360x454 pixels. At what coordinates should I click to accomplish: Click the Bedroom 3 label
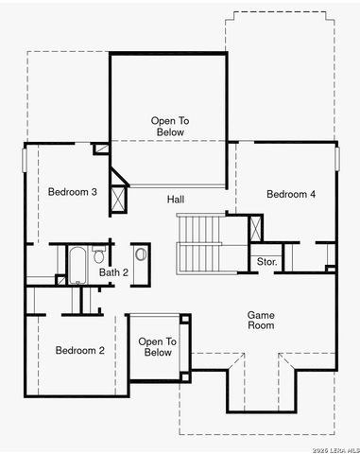click(73, 192)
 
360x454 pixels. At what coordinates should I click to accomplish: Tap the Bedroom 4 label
click(291, 194)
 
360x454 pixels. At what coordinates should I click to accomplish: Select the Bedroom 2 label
click(79, 351)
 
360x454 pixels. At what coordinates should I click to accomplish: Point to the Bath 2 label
click(113, 272)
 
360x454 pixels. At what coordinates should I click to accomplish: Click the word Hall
click(176, 200)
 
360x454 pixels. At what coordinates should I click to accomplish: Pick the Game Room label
click(261, 320)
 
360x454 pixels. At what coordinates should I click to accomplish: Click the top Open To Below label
click(170, 126)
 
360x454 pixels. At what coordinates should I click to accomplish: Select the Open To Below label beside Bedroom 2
click(157, 347)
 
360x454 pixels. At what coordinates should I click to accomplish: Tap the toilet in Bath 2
click(99, 256)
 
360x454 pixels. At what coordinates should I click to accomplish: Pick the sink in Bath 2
click(141, 253)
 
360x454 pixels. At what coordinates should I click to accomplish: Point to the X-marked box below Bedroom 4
click(256, 229)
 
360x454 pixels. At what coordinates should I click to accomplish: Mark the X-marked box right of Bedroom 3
click(118, 199)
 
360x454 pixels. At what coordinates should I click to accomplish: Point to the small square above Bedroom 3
click(100, 148)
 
